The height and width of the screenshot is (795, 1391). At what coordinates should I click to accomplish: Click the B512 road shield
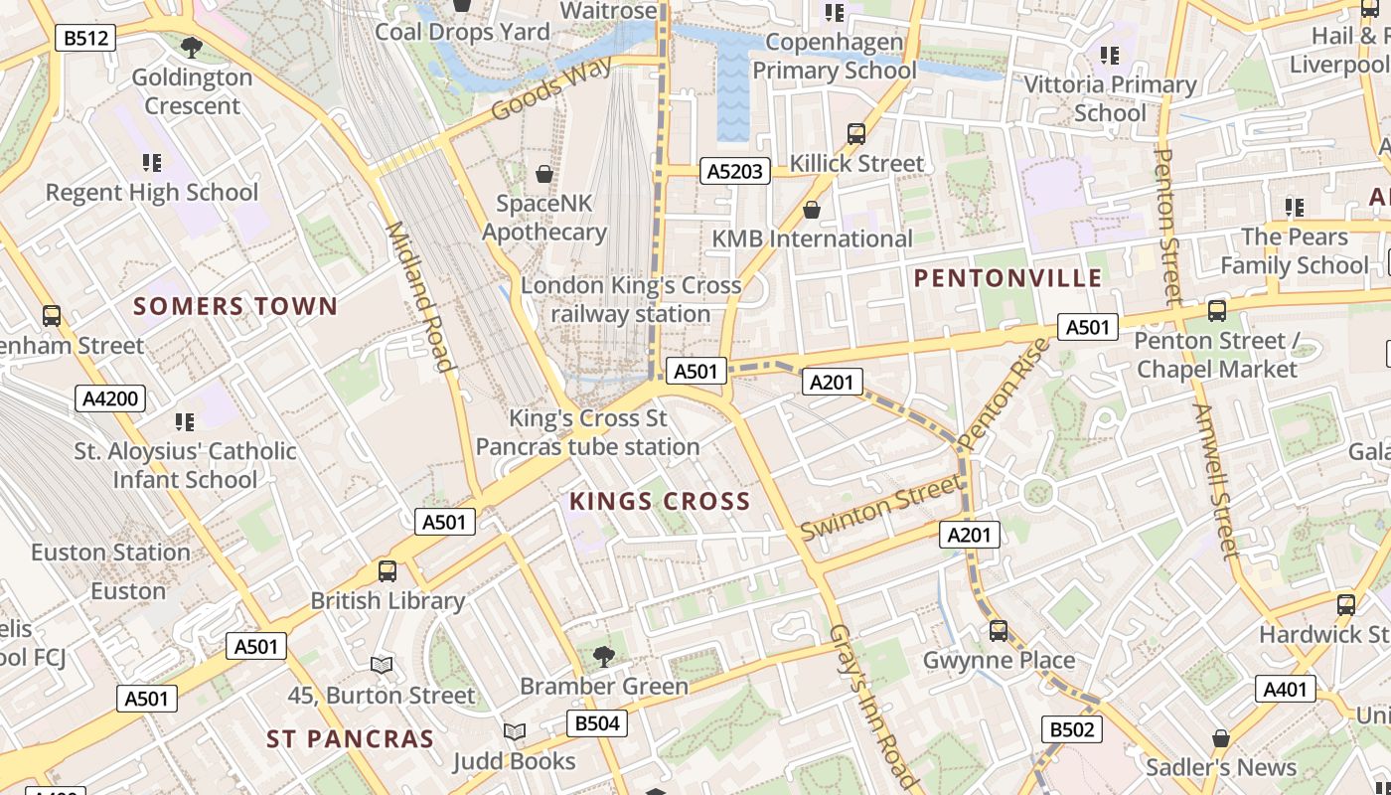85,39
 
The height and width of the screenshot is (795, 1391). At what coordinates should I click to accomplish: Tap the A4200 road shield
110,399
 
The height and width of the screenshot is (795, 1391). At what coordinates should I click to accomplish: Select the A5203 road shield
735,171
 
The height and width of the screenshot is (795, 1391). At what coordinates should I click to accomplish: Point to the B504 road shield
597,723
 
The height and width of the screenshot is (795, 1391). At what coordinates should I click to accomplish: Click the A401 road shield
1286,689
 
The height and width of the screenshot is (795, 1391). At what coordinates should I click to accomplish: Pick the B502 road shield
1072,730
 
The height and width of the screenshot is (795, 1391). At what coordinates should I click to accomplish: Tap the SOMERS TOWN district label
235,306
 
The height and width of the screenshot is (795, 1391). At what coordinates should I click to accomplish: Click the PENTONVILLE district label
1007,278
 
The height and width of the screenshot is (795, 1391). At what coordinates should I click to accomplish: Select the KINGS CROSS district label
660,502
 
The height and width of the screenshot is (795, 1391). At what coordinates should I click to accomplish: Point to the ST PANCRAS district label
350,739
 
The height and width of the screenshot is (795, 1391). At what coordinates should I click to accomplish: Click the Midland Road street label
419,296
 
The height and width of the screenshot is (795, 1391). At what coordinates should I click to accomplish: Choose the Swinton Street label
880,508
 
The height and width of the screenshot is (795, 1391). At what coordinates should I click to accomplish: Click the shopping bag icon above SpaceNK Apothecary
544,174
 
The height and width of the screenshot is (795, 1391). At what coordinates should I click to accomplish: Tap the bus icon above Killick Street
855,134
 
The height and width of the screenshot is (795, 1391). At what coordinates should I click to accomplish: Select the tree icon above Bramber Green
603,656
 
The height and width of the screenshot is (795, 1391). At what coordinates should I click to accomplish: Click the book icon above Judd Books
514,732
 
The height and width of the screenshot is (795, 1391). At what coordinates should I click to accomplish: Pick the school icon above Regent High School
151,163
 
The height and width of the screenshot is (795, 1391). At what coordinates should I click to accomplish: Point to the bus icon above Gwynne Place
999,631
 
